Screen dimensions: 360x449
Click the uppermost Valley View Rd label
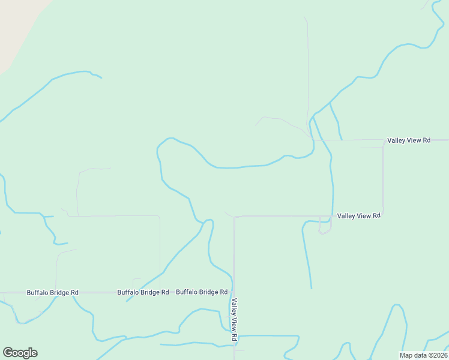(x=409, y=140)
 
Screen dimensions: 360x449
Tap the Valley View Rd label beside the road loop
(x=359, y=215)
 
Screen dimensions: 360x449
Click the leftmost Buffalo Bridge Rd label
(x=52, y=293)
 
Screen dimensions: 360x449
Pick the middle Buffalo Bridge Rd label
(x=143, y=293)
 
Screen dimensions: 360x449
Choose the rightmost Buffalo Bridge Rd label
(x=202, y=292)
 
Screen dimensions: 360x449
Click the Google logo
(x=20, y=353)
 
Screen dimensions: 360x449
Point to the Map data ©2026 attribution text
(x=423, y=355)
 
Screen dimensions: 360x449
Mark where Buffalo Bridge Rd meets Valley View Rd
(x=234, y=292)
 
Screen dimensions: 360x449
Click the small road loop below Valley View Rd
(x=325, y=226)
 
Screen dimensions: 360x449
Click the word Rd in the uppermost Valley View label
(x=426, y=140)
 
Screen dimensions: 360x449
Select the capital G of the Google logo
(x=8, y=353)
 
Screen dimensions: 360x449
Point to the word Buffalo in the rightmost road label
(x=188, y=292)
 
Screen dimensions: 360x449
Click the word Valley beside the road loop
(x=348, y=215)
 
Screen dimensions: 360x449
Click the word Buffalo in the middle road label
(x=129, y=293)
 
